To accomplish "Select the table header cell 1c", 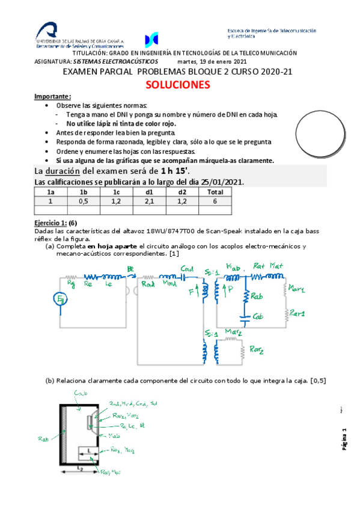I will (x=116, y=192).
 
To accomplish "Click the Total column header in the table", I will (x=214, y=192).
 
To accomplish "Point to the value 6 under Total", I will (x=214, y=201).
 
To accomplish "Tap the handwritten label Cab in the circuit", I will (x=260, y=316).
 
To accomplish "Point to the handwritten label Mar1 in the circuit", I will (x=296, y=289).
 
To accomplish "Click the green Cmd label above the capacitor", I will (x=187, y=269).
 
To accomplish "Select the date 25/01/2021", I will (x=221, y=182).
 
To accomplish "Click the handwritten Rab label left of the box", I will (x=43, y=440).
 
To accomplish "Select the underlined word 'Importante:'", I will (x=53, y=97).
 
